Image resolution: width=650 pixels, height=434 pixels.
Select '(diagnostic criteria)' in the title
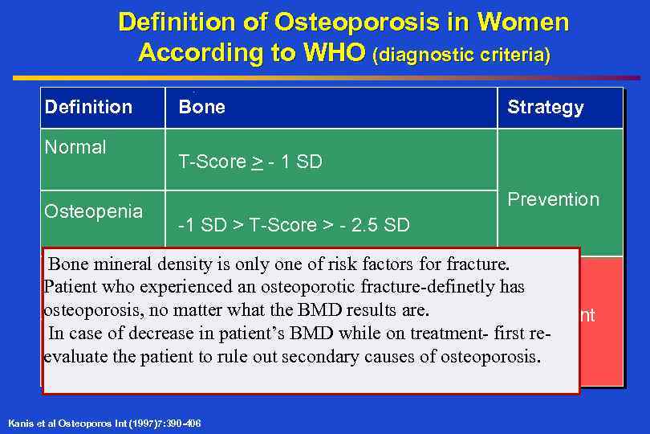coord(461,55)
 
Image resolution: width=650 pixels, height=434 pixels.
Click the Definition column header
coord(88,107)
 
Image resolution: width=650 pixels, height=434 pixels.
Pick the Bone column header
coord(201,107)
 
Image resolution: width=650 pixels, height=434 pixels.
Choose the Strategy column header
coord(545,107)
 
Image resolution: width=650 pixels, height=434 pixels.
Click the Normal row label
coord(75,147)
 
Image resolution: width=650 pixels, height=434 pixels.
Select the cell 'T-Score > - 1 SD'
coord(250,162)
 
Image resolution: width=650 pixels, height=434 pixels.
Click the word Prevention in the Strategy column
coord(553,199)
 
